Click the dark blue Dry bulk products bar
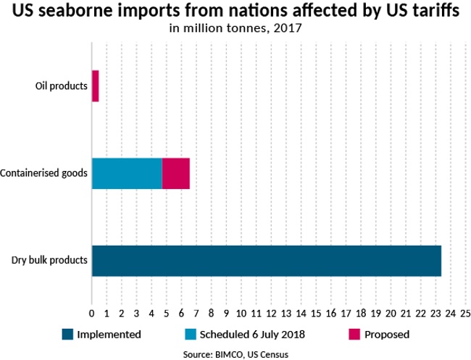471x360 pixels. coord(266,261)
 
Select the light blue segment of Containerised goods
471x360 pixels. coord(127,173)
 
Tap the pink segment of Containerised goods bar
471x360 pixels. coord(175,173)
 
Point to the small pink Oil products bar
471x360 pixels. coord(95,86)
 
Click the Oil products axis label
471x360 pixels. coord(62,86)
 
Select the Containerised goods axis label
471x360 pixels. coord(44,173)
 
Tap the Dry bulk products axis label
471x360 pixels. coord(50,261)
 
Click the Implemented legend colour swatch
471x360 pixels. coord(68,335)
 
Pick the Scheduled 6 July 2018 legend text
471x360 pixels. coord(251,335)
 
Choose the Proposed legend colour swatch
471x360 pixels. coord(354,335)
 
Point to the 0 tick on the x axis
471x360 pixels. coord(91,314)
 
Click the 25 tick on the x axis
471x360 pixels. coord(465,314)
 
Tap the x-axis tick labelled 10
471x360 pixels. coord(241,314)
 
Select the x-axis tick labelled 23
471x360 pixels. coord(435,314)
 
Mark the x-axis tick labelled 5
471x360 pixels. coord(167,314)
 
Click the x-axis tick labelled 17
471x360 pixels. coord(346,314)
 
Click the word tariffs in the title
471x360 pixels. coord(434,13)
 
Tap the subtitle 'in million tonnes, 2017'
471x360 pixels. coord(236,30)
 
